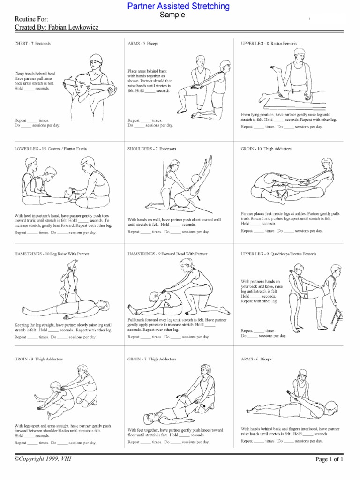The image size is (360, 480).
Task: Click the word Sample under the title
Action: [x=172, y=15]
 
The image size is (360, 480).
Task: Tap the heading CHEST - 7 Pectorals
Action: [x=32, y=44]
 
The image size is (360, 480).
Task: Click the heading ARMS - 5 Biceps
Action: [x=143, y=44]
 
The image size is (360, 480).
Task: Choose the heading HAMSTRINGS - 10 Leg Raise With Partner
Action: [x=52, y=254]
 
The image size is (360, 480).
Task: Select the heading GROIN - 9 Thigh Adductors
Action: [x=39, y=359]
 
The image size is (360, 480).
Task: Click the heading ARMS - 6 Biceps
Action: [x=256, y=359]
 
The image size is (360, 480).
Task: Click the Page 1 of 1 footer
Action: [x=330, y=459]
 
